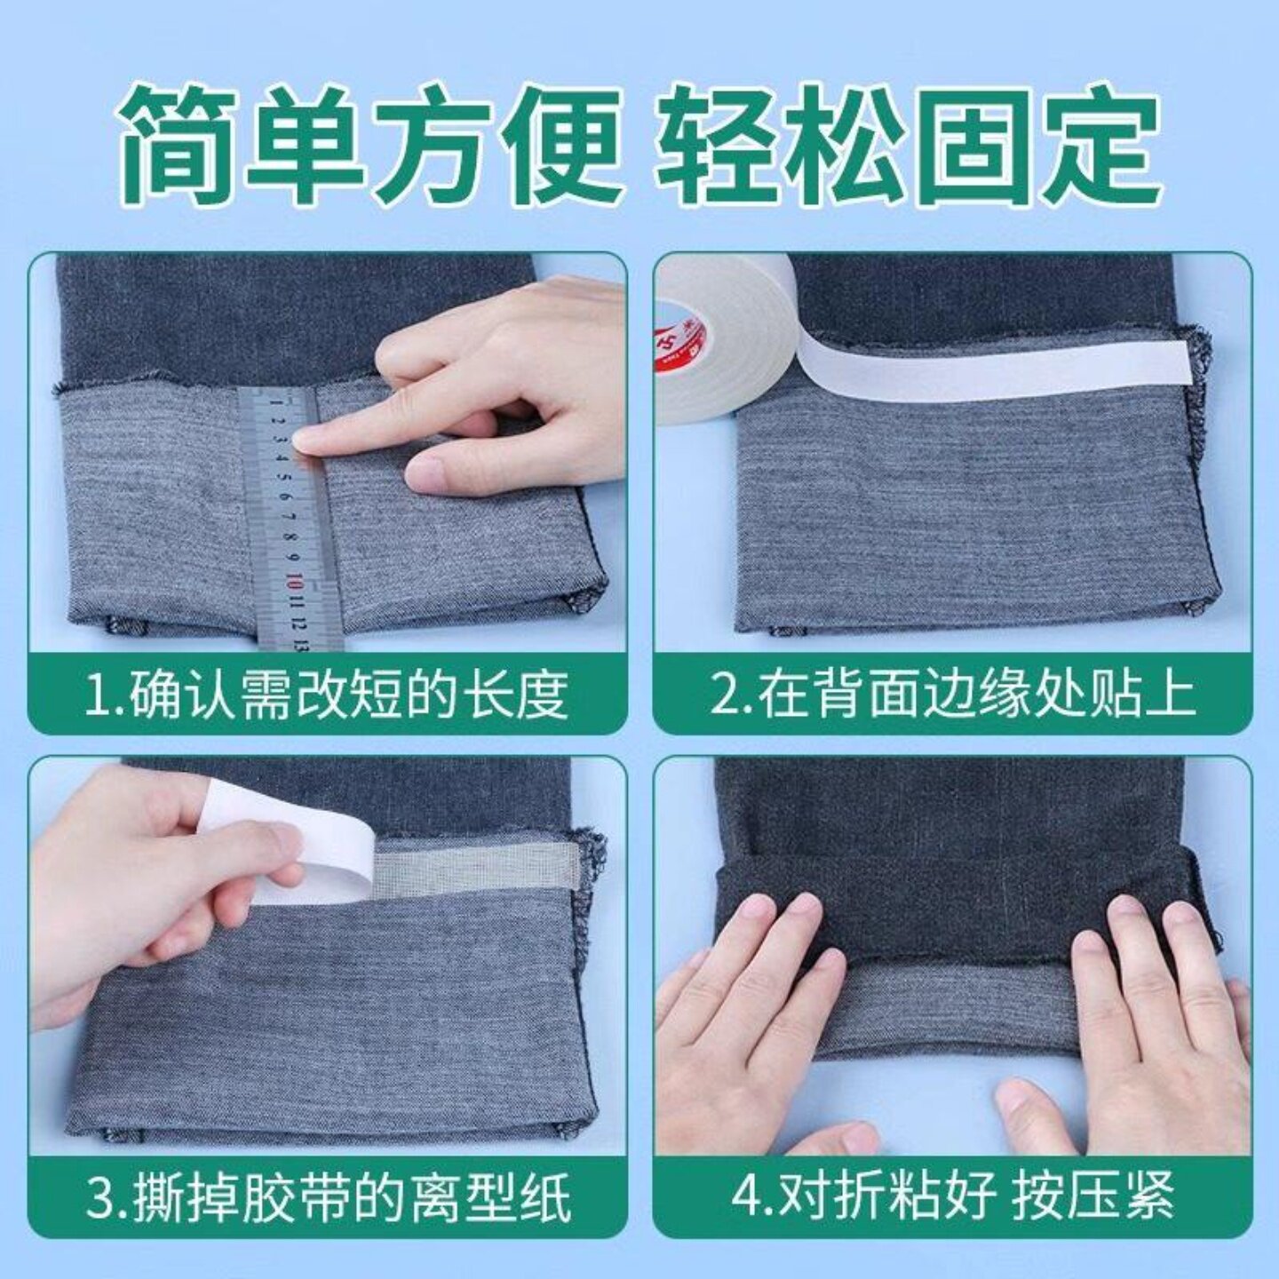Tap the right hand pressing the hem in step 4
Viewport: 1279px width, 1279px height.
pos(1155,1021)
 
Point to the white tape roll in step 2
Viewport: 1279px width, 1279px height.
pos(719,329)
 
